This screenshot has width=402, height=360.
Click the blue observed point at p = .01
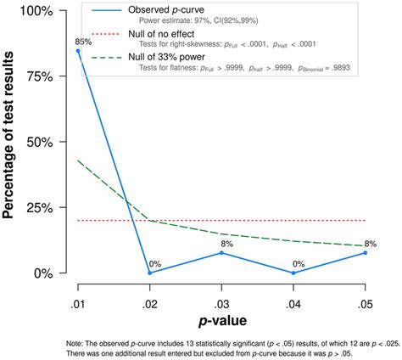[x=78, y=51]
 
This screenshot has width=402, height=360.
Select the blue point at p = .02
[x=150, y=273]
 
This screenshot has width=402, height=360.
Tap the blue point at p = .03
[x=222, y=252]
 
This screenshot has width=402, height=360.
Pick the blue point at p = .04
[x=294, y=273]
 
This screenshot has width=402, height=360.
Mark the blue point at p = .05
[x=366, y=252]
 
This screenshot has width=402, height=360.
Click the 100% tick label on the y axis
[x=39, y=11]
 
